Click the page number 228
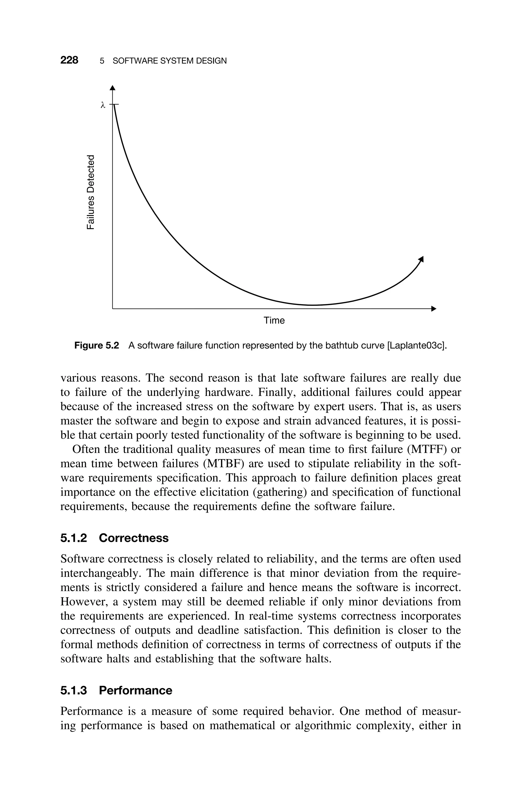coord(69,60)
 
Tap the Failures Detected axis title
coord(91,192)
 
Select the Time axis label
coord(274,321)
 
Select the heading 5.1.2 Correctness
coord(114,538)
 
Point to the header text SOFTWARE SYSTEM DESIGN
coord(169,61)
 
